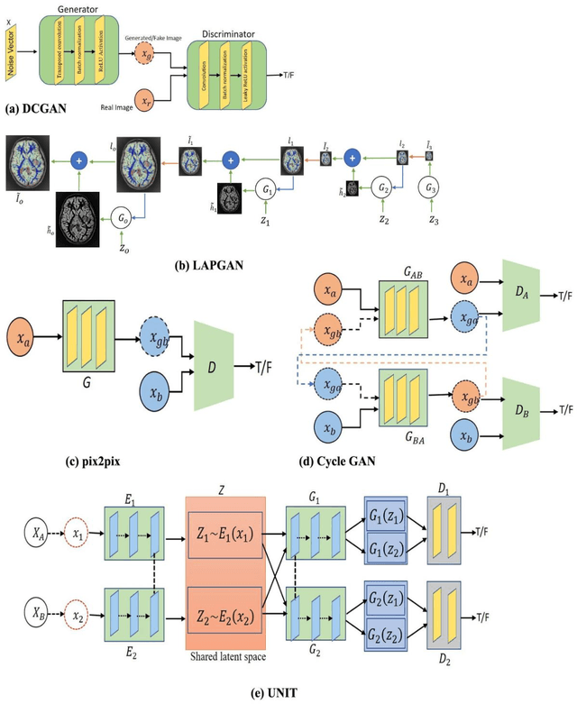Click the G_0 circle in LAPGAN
pos(122,219)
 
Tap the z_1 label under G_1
pos(266,220)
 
